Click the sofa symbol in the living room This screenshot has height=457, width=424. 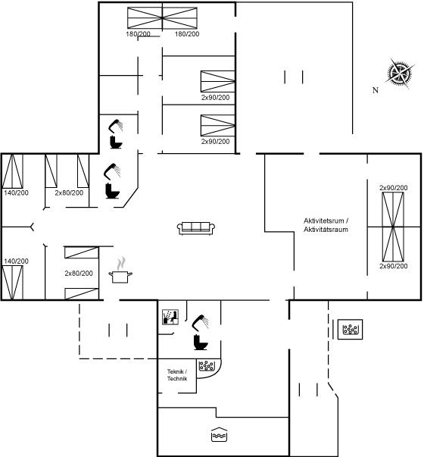pyautogui.click(x=196, y=228)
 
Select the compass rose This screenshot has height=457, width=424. pyautogui.click(x=400, y=73)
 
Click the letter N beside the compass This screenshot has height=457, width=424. pyautogui.click(x=376, y=90)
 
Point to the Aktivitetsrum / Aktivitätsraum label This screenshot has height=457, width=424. pyautogui.click(x=326, y=225)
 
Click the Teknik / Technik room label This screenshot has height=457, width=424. pyautogui.click(x=177, y=375)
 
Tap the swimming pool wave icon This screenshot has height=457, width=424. pyautogui.click(x=219, y=434)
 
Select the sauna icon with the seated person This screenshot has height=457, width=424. pyautogui.click(x=170, y=317)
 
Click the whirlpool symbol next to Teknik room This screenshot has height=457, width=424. pyautogui.click(x=207, y=366)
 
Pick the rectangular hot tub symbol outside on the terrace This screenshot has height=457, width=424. pyautogui.click(x=350, y=330)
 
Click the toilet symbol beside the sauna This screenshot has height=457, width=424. pyautogui.click(x=201, y=342)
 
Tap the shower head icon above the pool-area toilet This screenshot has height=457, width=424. pyautogui.click(x=201, y=323)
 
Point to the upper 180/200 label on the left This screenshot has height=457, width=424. pyautogui.click(x=138, y=34)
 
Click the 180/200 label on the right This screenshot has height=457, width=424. pyautogui.click(x=187, y=34)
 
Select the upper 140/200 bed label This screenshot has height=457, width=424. pyautogui.click(x=17, y=193)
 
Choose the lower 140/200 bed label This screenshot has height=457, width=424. pyautogui.click(x=17, y=261)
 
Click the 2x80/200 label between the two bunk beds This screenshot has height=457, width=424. pyautogui.click(x=79, y=274)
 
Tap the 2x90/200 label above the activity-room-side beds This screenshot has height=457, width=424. pyautogui.click(x=394, y=188)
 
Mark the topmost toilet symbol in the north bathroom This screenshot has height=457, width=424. pyautogui.click(x=116, y=142)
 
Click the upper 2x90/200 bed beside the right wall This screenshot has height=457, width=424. pyautogui.click(x=217, y=81)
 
